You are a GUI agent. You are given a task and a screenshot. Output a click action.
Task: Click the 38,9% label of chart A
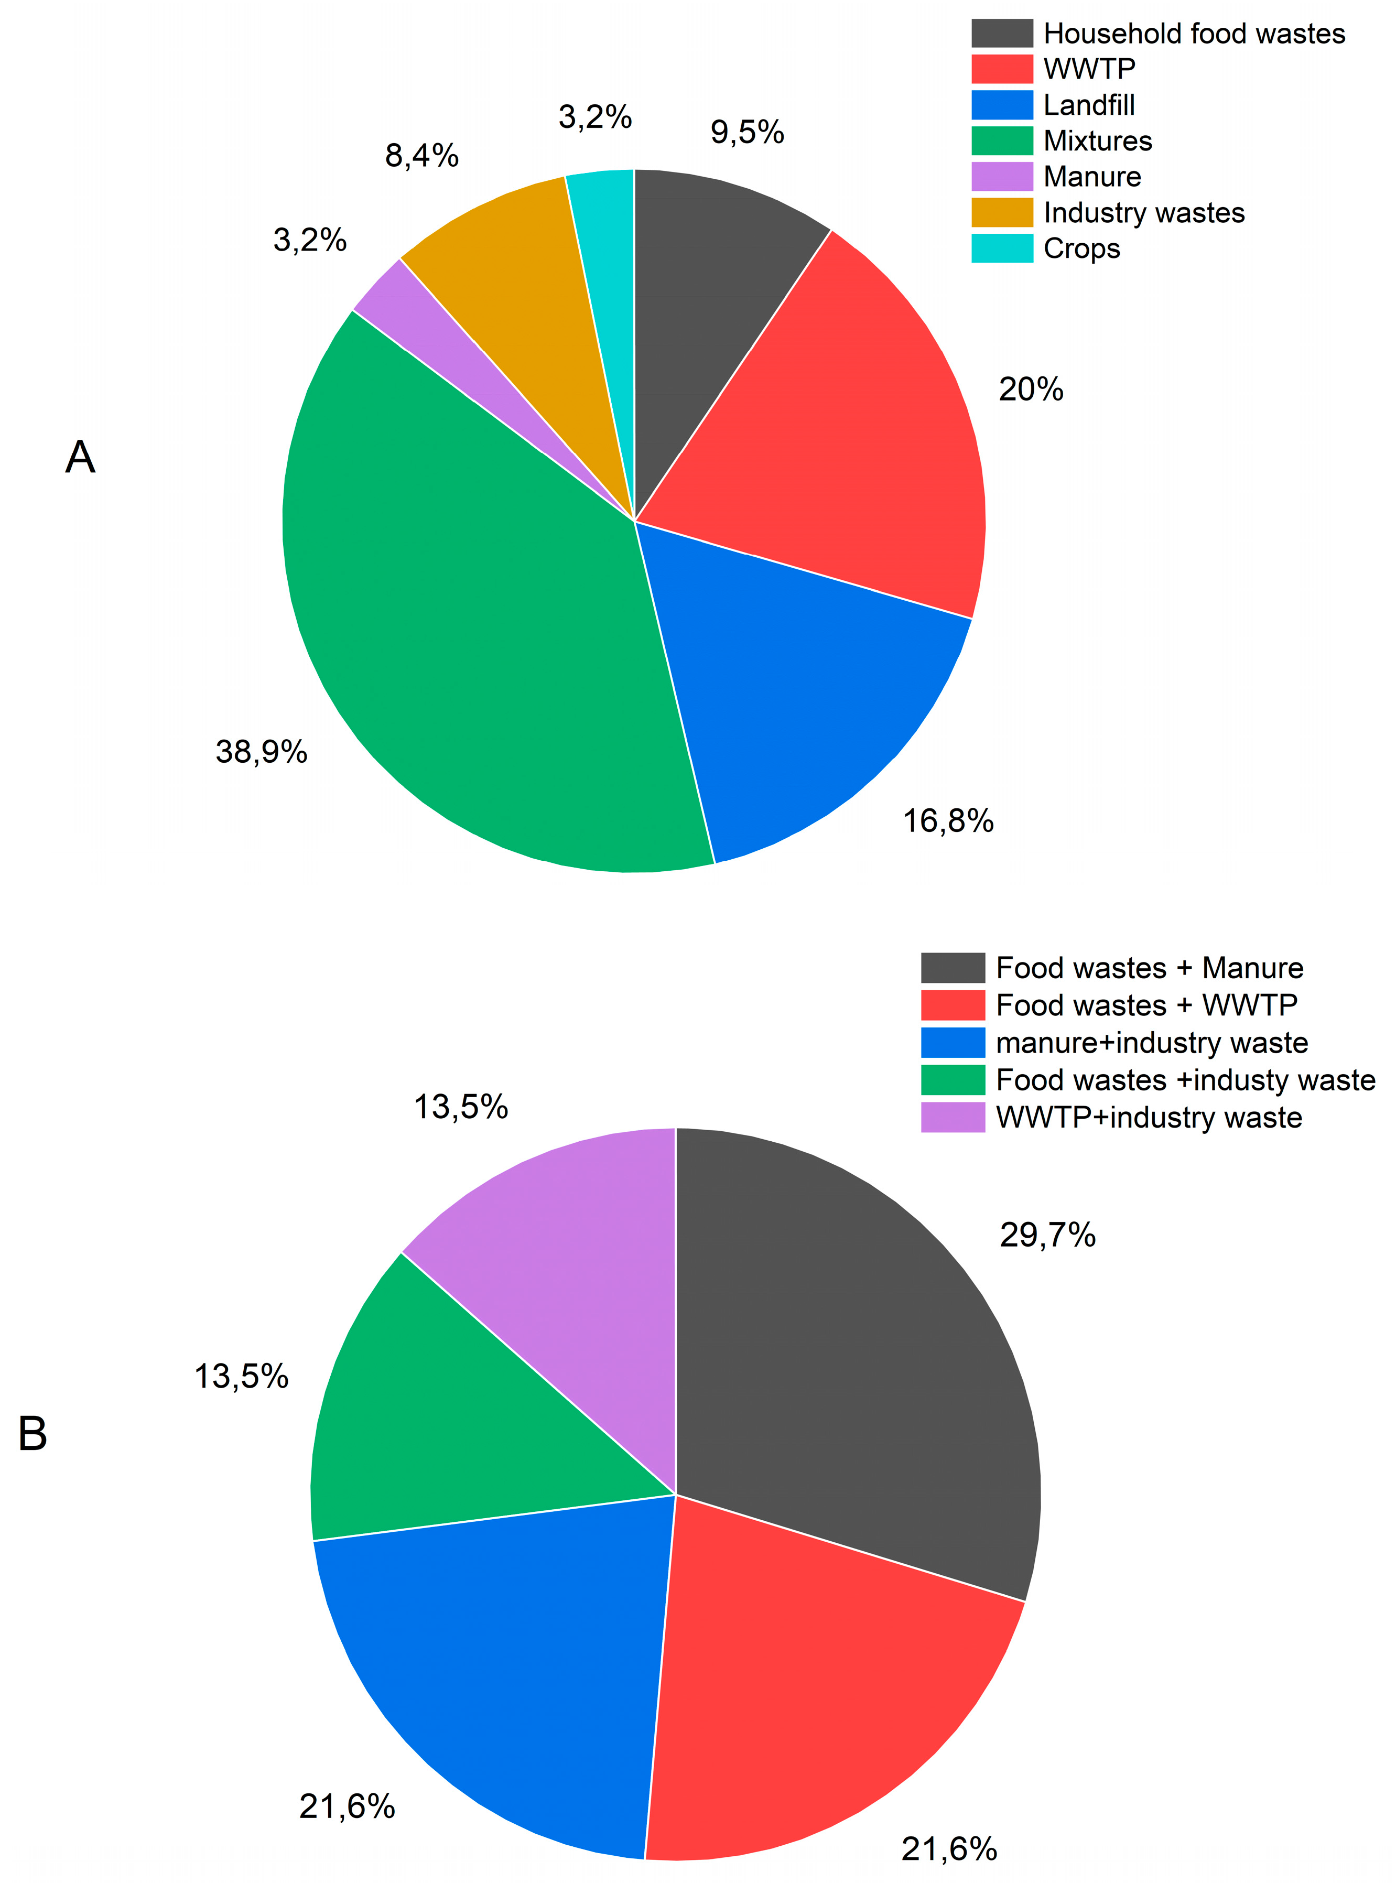point(261,751)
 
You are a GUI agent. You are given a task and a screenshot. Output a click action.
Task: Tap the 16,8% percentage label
point(948,820)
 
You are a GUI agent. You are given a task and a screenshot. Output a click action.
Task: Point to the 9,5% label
point(747,133)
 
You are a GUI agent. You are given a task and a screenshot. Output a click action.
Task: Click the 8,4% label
point(421,156)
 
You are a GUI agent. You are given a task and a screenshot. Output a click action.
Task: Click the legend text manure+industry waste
point(1151,1043)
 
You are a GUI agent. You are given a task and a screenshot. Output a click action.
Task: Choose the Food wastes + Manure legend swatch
point(953,968)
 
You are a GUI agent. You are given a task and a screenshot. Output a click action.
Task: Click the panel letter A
point(80,457)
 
